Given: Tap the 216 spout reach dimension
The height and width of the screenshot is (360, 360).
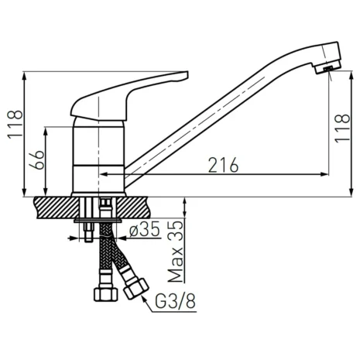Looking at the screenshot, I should point(222,165).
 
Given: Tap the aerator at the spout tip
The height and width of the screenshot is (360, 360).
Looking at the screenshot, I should point(329,69).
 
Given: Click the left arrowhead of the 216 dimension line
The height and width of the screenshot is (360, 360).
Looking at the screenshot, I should point(129,174).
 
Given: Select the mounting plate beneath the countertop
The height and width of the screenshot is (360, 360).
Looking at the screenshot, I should point(100,222).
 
